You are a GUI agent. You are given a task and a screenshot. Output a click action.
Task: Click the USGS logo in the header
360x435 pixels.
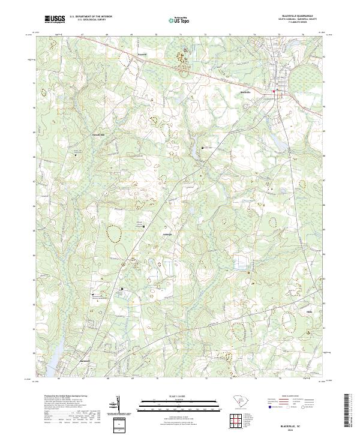pos(55,20)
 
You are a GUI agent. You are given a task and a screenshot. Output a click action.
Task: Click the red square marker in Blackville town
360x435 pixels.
pos(275,91)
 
